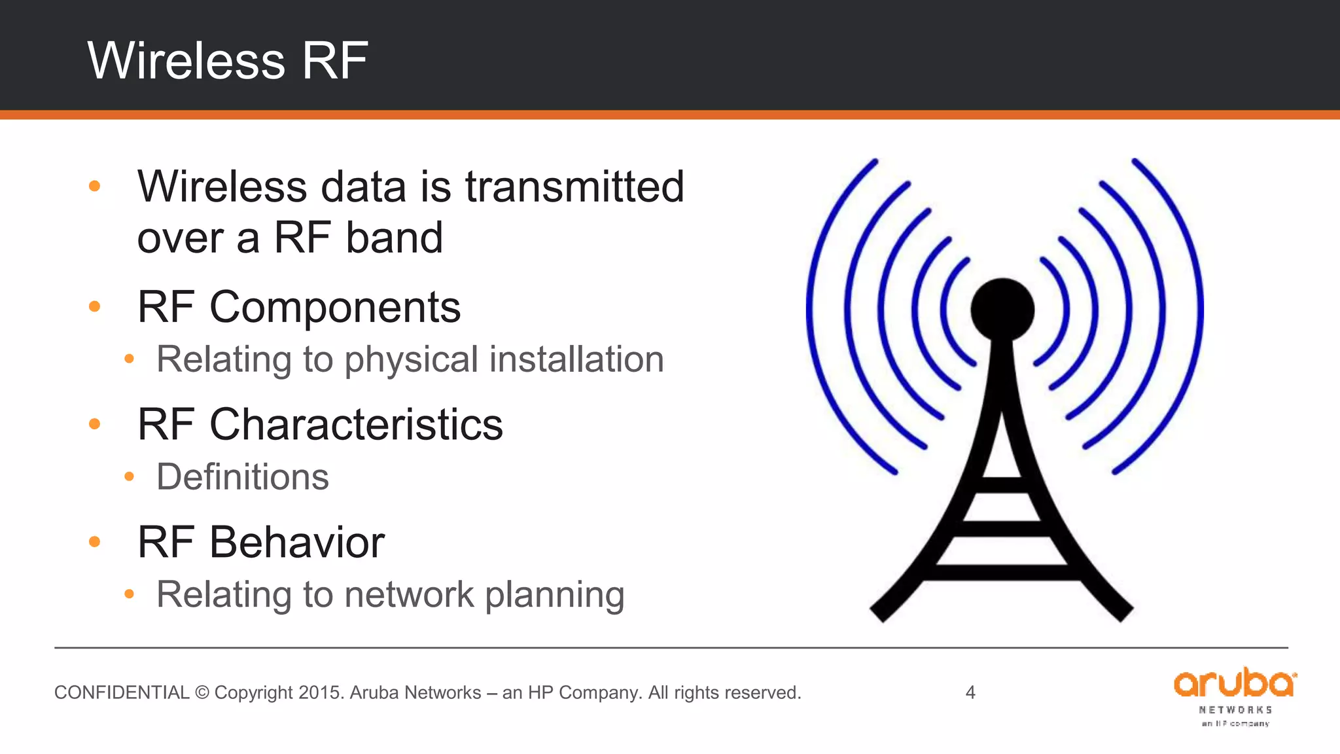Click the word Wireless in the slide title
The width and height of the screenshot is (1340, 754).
pyautogui.click(x=186, y=60)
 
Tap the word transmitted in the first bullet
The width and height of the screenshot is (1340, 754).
pyautogui.click(x=574, y=187)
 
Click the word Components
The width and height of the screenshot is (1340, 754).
pyautogui.click(x=334, y=307)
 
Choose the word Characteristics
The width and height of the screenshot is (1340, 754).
pyautogui.click(x=356, y=425)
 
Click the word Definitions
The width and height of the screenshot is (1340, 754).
pyautogui.click(x=243, y=476)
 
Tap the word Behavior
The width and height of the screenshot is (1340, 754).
pyautogui.click(x=296, y=543)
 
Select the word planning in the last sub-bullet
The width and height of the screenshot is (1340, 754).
pyautogui.click(x=555, y=595)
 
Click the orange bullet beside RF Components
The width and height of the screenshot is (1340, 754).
pyautogui.click(x=95, y=306)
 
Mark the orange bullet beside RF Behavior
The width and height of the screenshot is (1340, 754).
pyautogui.click(x=95, y=542)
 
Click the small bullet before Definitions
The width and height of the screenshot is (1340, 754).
pyautogui.click(x=130, y=476)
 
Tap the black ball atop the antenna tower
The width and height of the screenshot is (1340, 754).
pyautogui.click(x=1002, y=310)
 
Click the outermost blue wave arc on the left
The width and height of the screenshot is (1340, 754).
pyautogui.click(x=811, y=314)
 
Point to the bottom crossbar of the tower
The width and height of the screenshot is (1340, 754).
pyautogui.click(x=1001, y=572)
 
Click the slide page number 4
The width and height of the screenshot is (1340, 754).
pyautogui.click(x=970, y=692)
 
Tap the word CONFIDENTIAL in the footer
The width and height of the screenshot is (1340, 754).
pyautogui.click(x=122, y=692)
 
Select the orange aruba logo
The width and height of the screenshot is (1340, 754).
pyautogui.click(x=1234, y=685)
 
